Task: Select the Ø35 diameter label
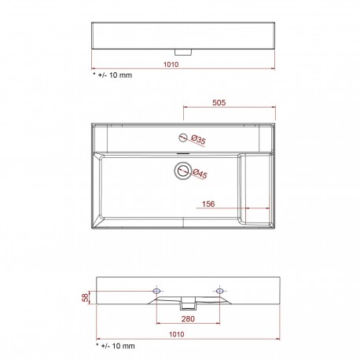(x=198, y=141)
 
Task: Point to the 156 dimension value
(x=210, y=204)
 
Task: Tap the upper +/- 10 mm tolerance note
(x=114, y=77)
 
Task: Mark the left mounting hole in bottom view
(x=157, y=292)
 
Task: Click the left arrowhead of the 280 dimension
(x=160, y=323)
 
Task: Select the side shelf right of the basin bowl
(x=258, y=189)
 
